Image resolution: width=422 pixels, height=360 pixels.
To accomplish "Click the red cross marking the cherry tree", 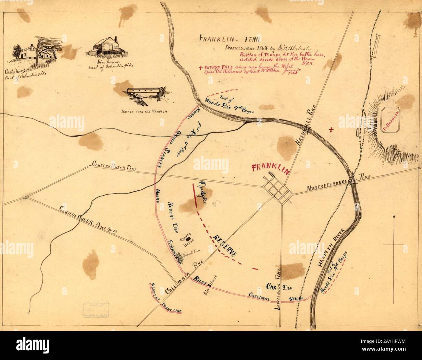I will pos(331,130).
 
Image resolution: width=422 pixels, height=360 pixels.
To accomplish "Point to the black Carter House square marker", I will pos(188,239).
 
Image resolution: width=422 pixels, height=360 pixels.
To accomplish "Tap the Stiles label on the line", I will pos(296,298).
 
